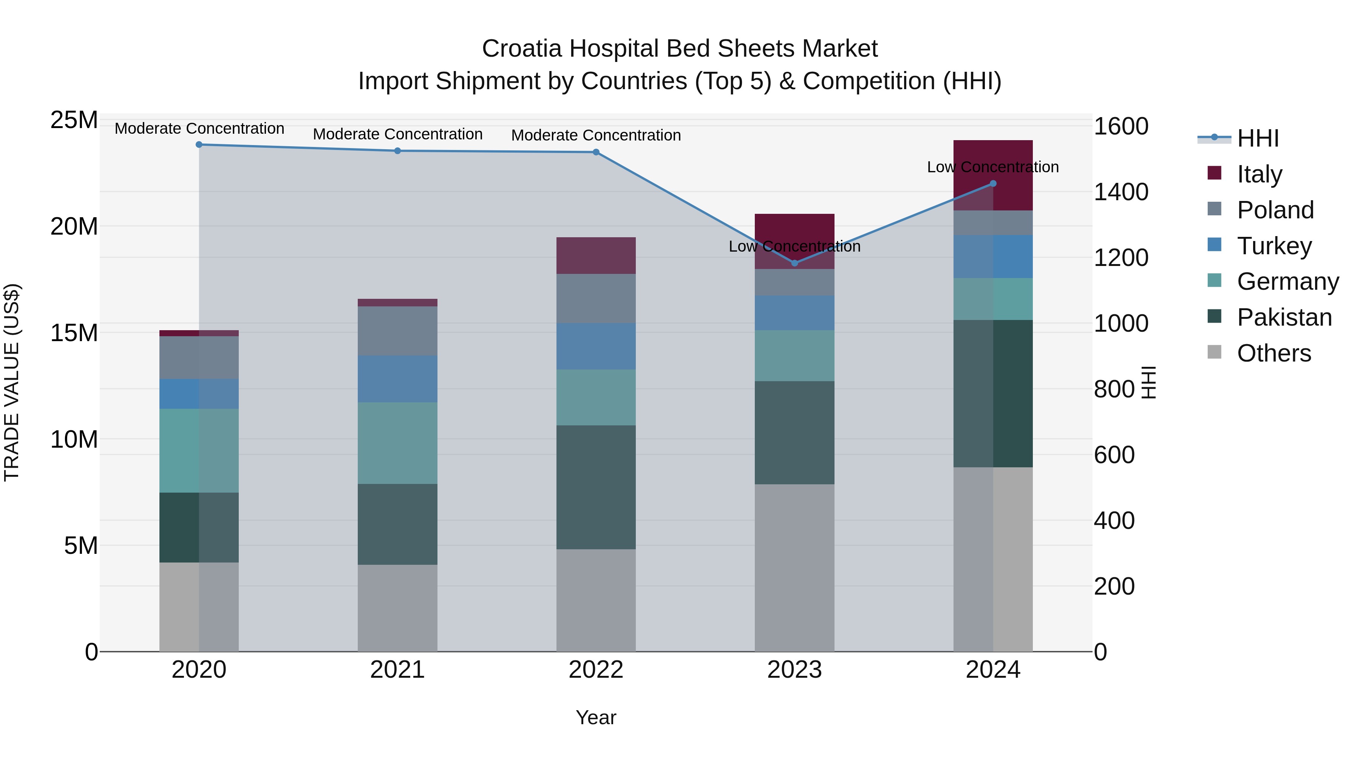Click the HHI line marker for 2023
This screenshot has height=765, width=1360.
(x=794, y=263)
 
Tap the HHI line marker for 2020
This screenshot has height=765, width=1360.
(x=199, y=145)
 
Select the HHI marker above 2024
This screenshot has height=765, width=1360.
(x=993, y=184)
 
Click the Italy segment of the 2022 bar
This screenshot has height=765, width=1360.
(x=596, y=255)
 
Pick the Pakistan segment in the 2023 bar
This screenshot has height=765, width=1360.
(x=794, y=433)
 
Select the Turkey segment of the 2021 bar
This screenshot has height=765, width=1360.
(x=397, y=379)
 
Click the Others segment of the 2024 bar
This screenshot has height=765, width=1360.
(x=993, y=559)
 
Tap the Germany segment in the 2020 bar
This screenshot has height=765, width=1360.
(x=199, y=451)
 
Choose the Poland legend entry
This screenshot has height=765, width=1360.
(x=1275, y=210)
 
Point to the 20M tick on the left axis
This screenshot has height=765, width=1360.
(x=74, y=227)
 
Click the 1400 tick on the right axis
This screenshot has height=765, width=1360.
(x=1120, y=192)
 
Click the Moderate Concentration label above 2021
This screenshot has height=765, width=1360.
(x=397, y=134)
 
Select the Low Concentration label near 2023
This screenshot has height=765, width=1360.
(x=794, y=247)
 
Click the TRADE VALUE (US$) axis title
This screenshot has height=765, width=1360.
(x=12, y=382)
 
